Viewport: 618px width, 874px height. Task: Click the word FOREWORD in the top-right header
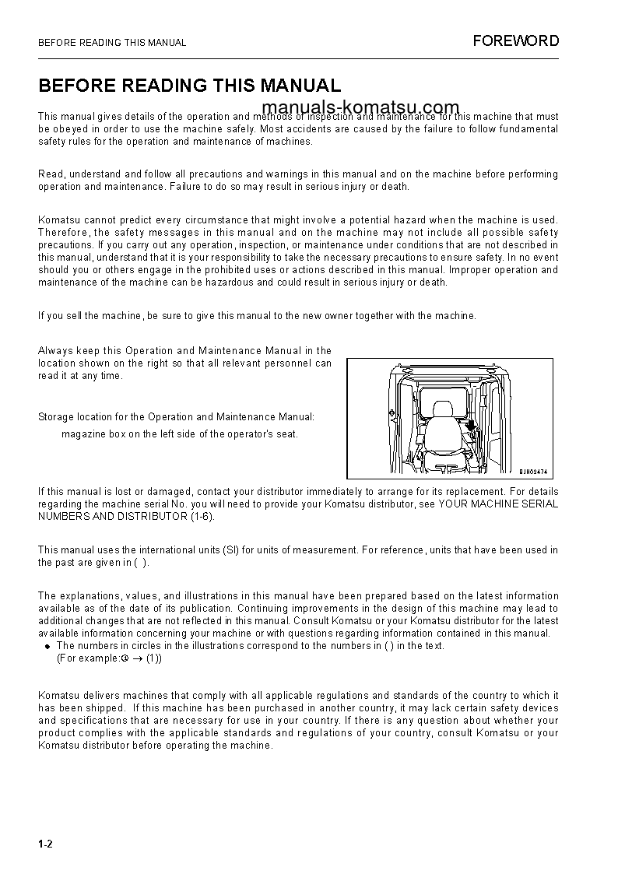pos(515,41)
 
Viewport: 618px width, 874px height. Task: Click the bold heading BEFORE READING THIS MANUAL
pos(189,86)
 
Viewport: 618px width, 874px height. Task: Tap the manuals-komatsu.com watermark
pos(360,107)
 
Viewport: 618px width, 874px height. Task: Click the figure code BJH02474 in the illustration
pos(535,471)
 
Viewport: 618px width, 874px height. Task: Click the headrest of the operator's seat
pos(442,410)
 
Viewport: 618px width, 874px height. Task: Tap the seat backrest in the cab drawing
pos(442,433)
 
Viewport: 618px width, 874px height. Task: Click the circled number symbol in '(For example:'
pos(123,658)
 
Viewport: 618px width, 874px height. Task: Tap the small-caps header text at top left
pos(112,43)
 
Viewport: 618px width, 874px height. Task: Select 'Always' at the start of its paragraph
pos(54,351)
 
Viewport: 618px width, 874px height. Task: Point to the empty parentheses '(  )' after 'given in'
pos(141,563)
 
